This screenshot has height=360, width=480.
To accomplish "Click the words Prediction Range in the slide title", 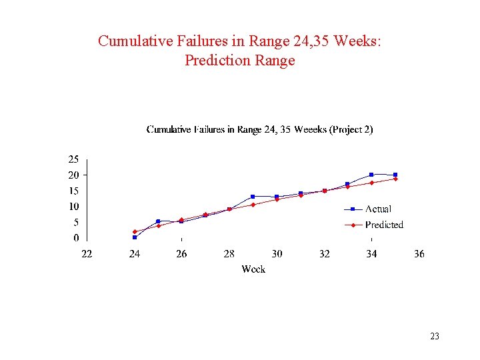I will [239, 61].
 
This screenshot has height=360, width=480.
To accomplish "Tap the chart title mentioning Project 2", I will [259, 129].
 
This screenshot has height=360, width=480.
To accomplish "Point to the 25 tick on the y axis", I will [73, 159].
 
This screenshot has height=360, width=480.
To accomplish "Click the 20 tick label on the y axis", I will [73, 175].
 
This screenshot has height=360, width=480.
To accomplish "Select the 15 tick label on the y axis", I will [73, 191].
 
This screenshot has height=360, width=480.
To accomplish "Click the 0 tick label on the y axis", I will [75, 238].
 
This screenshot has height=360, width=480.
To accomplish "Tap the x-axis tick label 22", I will [87, 254].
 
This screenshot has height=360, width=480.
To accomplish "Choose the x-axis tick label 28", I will [229, 254].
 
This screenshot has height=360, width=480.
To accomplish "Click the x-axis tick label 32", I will [324, 254].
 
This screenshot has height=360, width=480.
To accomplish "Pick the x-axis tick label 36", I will [419, 254].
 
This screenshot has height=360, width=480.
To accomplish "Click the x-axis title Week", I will [253, 269].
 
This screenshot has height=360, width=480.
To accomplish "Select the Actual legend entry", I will [377, 209].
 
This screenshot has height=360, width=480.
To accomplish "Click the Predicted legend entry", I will [383, 225].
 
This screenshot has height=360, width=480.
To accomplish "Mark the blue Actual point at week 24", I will [135, 237].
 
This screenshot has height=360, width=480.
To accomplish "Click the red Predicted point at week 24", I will [135, 231].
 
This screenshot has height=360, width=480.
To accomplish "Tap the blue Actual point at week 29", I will [253, 197].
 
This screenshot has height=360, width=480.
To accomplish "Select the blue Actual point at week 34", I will [371, 175].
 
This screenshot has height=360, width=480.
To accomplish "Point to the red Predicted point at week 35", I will [395, 179].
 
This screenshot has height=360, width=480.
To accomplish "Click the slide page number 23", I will [435, 337].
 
